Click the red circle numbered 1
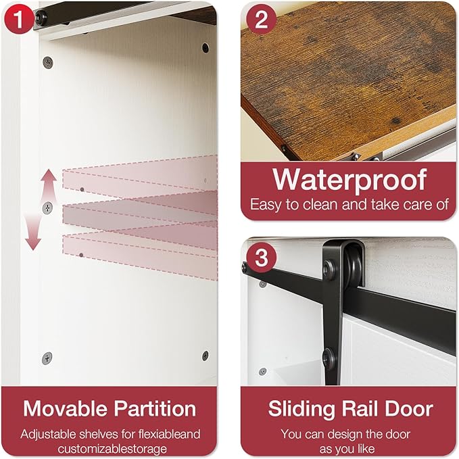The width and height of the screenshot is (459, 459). tap(19, 19)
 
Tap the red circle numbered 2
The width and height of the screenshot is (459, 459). tap(262, 20)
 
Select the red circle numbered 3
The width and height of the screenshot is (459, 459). tap(262, 258)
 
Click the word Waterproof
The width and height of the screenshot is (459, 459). tap(349, 180)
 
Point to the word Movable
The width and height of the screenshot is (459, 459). tap(66, 408)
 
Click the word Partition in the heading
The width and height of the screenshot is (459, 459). tap(155, 409)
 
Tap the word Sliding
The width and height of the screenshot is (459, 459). tap(301, 409)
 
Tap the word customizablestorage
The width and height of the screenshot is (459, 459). tap(112, 449)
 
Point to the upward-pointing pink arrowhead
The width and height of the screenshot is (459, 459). tap(49, 176)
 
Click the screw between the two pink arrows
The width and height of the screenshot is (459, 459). tap(48, 208)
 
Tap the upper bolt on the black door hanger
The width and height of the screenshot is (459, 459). tap(330, 267)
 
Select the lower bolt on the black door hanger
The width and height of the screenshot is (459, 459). tap(329, 358)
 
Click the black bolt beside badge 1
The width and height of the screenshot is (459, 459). tap(39, 17)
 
